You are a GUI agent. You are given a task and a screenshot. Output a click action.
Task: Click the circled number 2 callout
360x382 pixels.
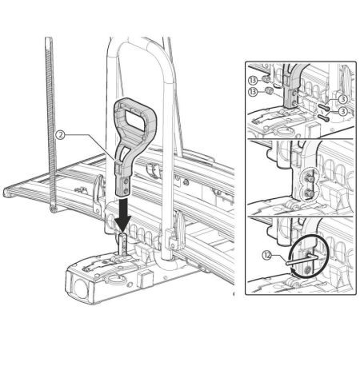coord(61,135)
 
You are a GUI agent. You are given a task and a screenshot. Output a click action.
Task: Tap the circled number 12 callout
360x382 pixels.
coord(266,256)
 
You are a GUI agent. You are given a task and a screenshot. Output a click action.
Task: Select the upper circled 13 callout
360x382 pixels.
coord(253,80)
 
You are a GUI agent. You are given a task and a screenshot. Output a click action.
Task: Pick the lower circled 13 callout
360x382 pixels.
coord(253,92)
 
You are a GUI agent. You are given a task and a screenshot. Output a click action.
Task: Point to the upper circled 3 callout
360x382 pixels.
coord(343,99)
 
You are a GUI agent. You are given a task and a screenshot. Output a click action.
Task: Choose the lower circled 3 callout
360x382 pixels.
coord(343,111)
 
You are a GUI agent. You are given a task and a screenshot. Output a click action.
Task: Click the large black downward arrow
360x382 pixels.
coord(122,214)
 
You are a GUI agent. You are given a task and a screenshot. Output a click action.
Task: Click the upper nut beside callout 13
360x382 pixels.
coord(264,79)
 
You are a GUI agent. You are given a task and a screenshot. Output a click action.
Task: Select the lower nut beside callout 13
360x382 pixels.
coord(268,91)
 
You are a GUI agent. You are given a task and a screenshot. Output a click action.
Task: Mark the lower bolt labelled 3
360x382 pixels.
coord(323,117)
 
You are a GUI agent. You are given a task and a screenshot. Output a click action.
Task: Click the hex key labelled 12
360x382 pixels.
coord(301,260)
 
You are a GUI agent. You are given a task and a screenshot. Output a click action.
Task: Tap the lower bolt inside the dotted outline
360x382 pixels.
coord(309,193)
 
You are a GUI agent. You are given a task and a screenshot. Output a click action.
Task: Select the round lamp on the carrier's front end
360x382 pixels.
coord(81,288)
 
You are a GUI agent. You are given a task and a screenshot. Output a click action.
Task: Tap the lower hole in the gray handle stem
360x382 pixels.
coord(125,191)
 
